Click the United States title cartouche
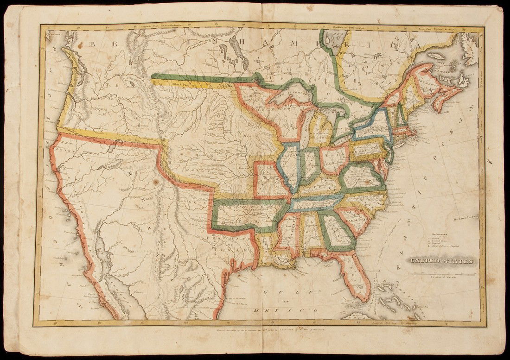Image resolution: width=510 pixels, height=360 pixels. tap(440, 261)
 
